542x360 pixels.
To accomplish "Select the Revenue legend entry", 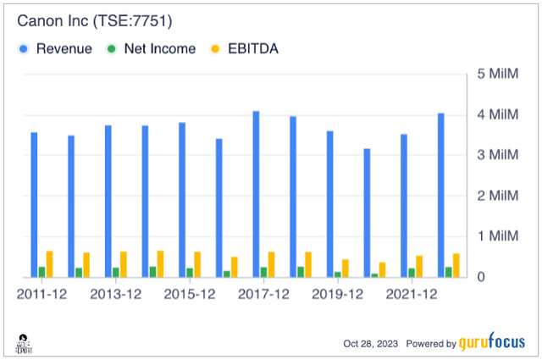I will [x=64, y=48].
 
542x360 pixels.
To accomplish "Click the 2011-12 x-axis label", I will [x=41, y=293].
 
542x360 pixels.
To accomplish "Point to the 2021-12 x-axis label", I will [x=412, y=293].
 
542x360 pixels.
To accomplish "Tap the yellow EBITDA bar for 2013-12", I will [x=124, y=264].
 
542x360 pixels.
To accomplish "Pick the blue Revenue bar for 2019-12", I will [x=329, y=204].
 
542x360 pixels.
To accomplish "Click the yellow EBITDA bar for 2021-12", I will [x=419, y=266].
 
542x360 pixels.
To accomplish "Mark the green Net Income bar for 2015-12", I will [x=190, y=273].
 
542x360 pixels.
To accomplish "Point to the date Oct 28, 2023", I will [x=372, y=344].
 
